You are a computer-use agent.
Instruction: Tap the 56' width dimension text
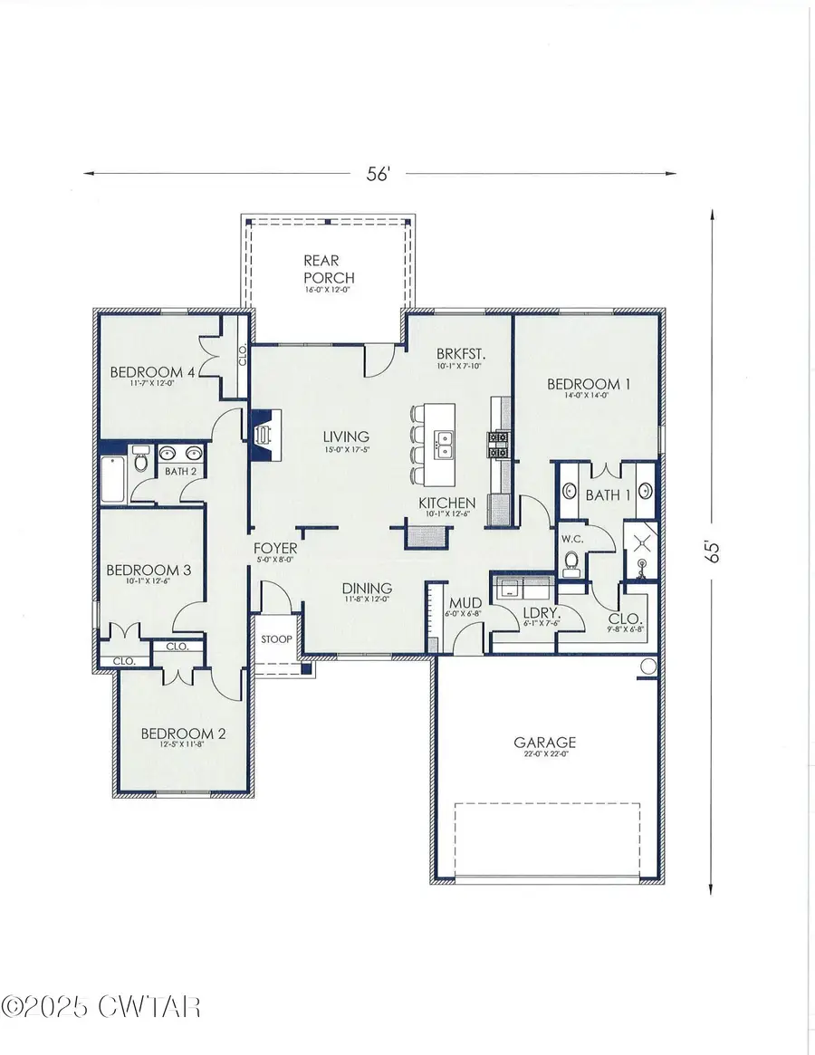pyautogui.click(x=379, y=175)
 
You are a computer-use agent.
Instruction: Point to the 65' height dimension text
pyautogui.click(x=714, y=552)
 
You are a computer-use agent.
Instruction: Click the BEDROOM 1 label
pyautogui.click(x=589, y=384)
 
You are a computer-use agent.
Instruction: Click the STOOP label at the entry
pyautogui.click(x=276, y=639)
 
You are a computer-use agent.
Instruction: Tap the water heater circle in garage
pyautogui.click(x=647, y=667)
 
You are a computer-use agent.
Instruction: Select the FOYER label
pyautogui.click(x=274, y=548)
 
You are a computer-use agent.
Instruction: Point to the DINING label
pyautogui.click(x=367, y=587)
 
